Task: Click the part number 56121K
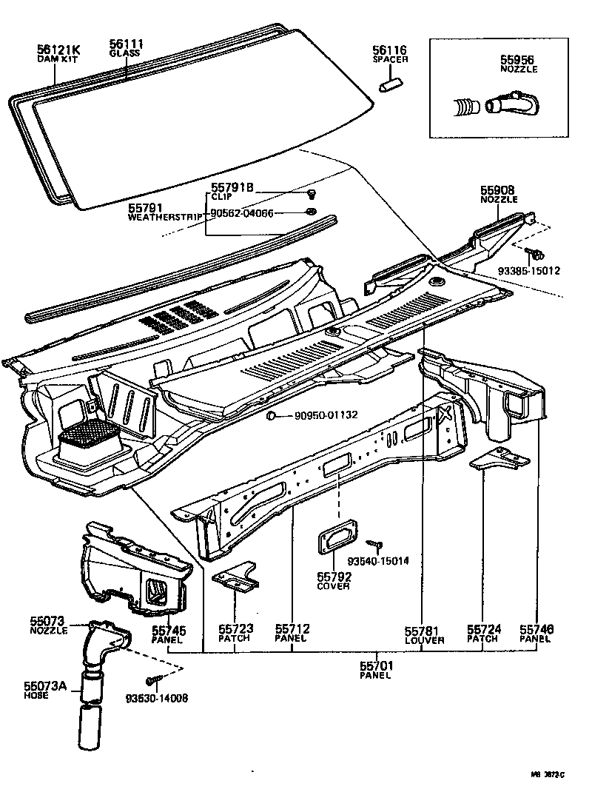point(58,49)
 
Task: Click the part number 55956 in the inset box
point(517,60)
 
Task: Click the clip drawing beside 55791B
point(312,195)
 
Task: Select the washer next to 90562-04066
point(312,213)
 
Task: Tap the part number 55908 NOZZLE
point(498,190)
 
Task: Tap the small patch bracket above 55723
point(236,577)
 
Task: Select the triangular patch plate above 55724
point(494,460)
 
